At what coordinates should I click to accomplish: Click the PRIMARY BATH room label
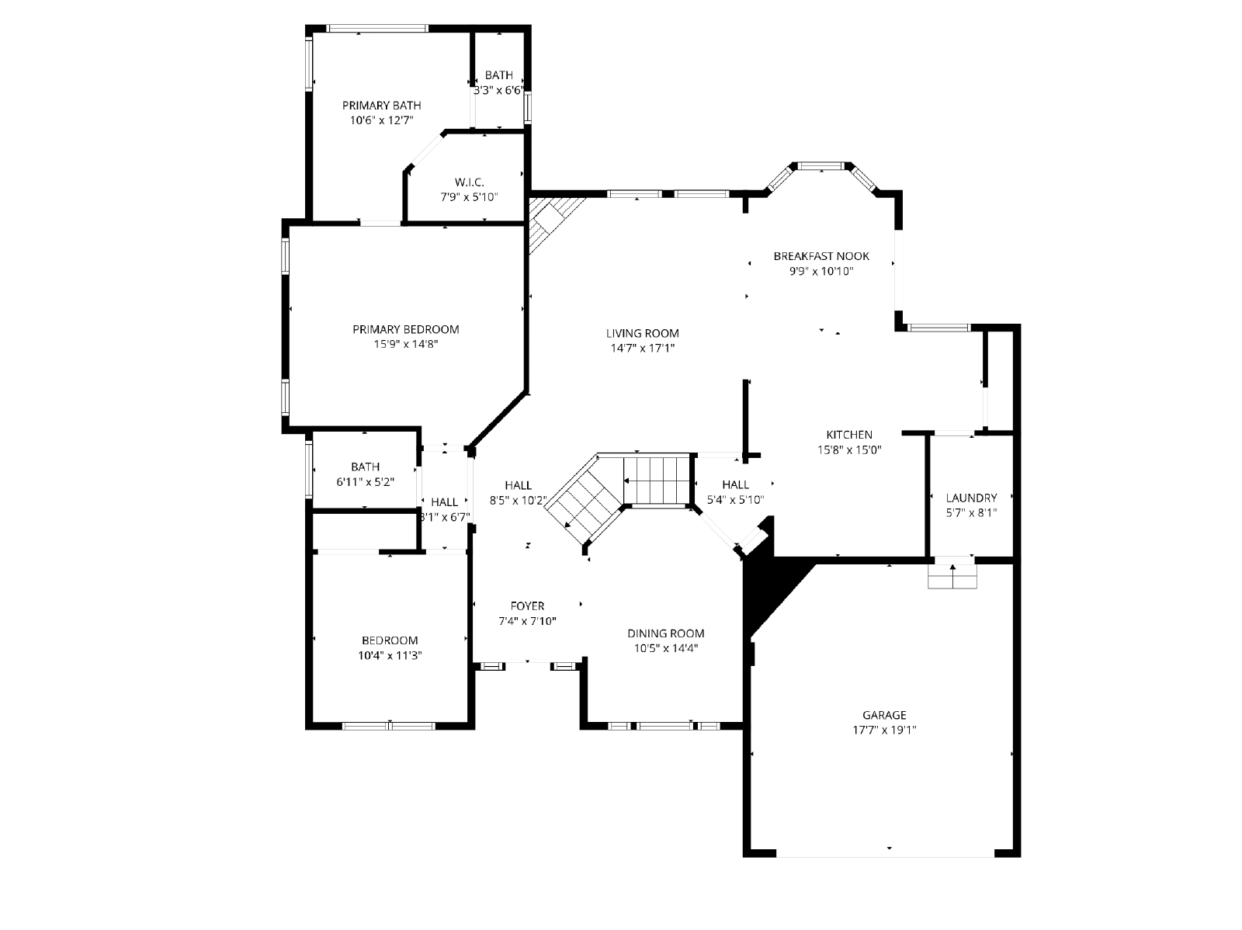click(x=381, y=106)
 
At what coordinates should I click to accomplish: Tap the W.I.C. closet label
click(x=469, y=182)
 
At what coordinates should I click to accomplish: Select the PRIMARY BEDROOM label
click(x=406, y=329)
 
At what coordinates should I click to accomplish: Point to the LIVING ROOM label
click(x=642, y=333)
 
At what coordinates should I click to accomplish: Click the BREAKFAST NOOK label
click(x=821, y=256)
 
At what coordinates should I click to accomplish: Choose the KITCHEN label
click(x=849, y=435)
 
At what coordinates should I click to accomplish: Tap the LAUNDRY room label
click(x=971, y=498)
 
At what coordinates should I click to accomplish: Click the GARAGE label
click(x=884, y=715)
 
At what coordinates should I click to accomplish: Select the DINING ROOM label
click(x=665, y=633)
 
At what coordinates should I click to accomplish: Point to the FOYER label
click(x=527, y=606)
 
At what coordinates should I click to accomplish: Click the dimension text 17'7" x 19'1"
click(x=884, y=730)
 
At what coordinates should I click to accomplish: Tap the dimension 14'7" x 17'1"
click(x=642, y=348)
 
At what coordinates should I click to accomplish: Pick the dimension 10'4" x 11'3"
click(x=390, y=656)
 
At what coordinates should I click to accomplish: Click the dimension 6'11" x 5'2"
click(x=365, y=482)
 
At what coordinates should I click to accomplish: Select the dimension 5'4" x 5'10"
click(x=736, y=499)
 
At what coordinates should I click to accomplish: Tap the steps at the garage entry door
click(x=952, y=576)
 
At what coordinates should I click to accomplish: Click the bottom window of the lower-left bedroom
click(x=389, y=726)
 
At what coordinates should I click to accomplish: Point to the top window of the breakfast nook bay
click(x=820, y=166)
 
